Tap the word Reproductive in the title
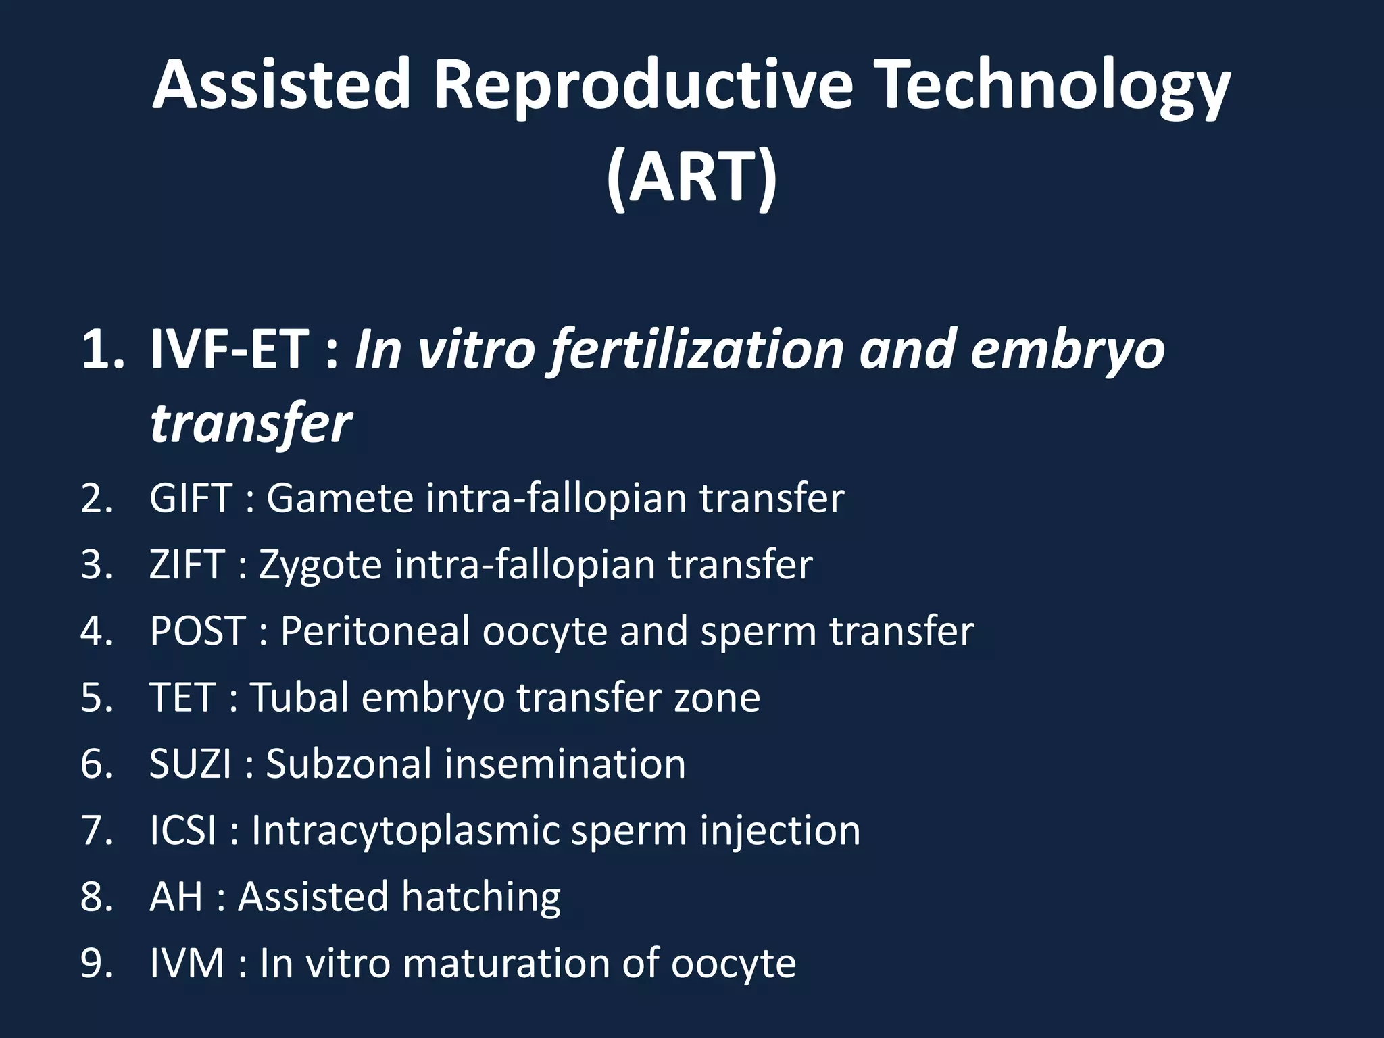click(643, 86)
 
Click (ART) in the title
click(691, 177)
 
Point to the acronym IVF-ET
click(229, 349)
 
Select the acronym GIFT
click(191, 498)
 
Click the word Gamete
click(340, 498)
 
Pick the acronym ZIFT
click(187, 564)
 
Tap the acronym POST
click(197, 631)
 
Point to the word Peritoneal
click(375, 631)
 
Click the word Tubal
click(299, 697)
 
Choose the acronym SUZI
click(191, 764)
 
